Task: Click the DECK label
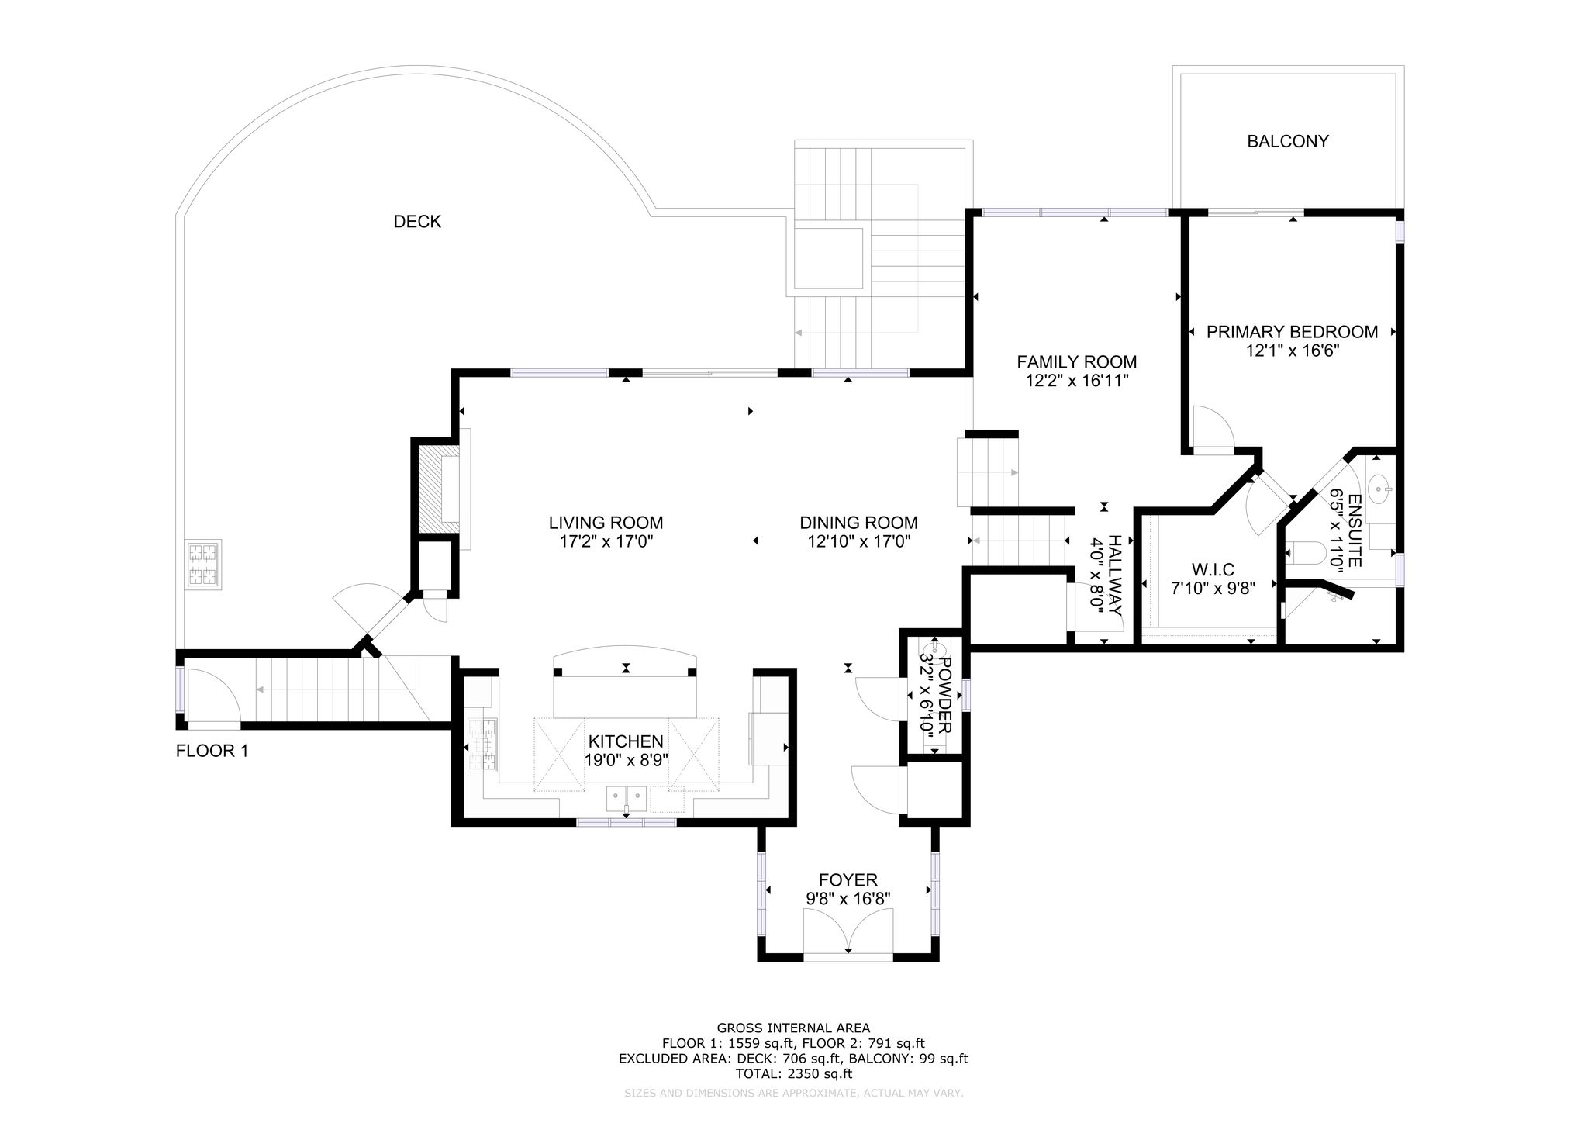coord(417,222)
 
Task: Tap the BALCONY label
coord(1288,141)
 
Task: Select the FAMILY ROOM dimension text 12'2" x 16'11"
coord(1077,380)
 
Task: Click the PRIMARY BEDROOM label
coord(1293,332)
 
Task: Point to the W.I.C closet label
coord(1213,570)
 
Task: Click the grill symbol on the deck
coord(202,564)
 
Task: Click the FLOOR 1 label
coord(212,751)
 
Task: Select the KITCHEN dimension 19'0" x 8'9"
coord(627,759)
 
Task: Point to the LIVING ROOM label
coord(606,523)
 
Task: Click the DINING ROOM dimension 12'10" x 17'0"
coord(859,541)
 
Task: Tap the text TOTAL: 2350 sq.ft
coord(793,1073)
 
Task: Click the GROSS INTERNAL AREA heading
coord(793,1028)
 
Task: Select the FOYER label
coord(848,880)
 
